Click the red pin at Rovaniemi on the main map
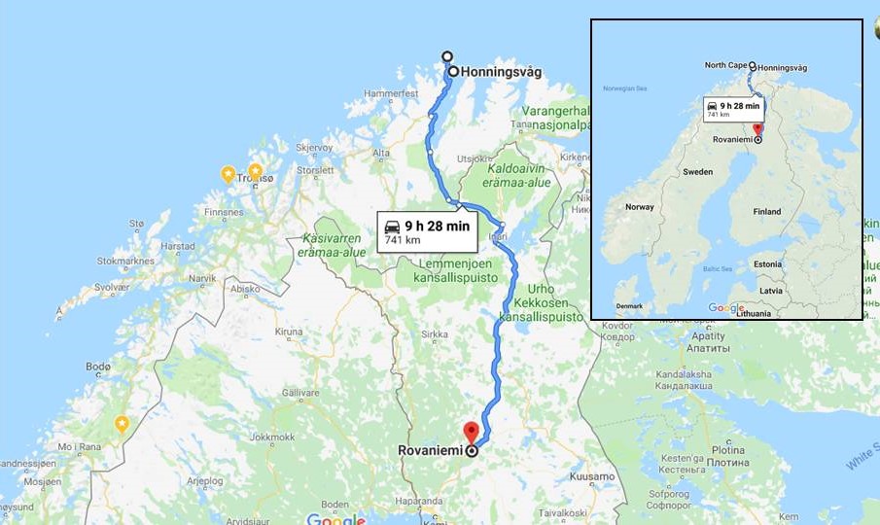(471, 431)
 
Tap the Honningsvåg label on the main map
(501, 72)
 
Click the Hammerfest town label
(390, 93)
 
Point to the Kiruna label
(289, 332)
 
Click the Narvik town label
(202, 278)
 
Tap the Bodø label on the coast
(98, 367)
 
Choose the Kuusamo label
(592, 476)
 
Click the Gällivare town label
(300, 391)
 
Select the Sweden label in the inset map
(697, 171)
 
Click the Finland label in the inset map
(767, 211)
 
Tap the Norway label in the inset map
(640, 207)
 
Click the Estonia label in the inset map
(767, 263)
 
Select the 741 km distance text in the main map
(402, 240)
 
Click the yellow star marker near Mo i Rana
(122, 423)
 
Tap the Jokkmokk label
(272, 437)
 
